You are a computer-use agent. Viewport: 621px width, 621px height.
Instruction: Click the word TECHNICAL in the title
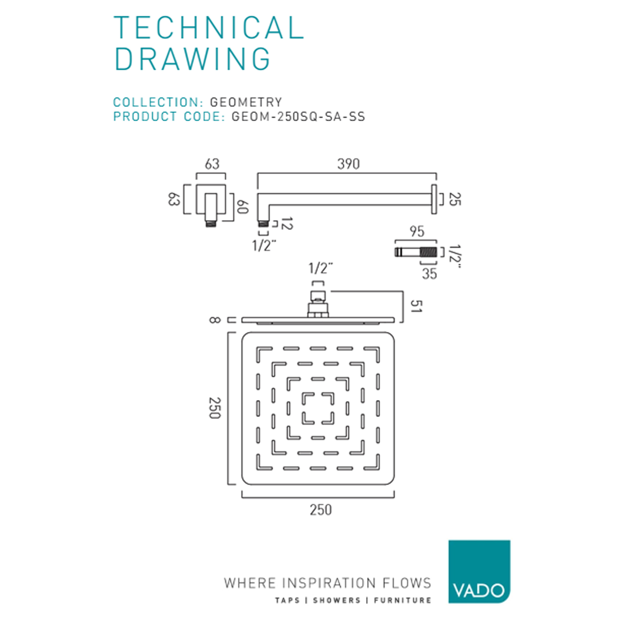(x=208, y=28)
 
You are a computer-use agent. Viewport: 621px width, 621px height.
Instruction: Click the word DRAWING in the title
(x=193, y=59)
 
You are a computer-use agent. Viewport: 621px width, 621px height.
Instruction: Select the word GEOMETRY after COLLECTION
(x=246, y=102)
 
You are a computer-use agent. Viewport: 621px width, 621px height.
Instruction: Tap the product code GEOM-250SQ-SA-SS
(x=298, y=117)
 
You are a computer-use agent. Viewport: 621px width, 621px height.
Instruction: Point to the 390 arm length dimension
(x=348, y=164)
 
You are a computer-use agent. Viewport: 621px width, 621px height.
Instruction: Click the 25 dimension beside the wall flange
(x=455, y=199)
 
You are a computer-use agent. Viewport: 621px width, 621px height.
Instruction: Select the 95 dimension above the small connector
(x=417, y=232)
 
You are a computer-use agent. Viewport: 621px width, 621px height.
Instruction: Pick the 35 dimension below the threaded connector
(x=429, y=274)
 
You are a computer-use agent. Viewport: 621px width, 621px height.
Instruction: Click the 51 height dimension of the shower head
(x=416, y=306)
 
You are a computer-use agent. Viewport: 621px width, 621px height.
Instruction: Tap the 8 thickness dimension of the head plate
(x=214, y=320)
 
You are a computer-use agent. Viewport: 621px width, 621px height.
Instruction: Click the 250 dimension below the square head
(x=320, y=510)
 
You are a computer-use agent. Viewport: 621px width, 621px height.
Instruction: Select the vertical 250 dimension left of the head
(x=215, y=408)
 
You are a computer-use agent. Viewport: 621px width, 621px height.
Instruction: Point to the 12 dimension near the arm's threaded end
(x=287, y=224)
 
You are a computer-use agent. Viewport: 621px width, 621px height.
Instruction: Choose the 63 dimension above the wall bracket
(x=212, y=164)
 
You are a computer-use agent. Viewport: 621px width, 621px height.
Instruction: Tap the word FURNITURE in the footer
(x=402, y=601)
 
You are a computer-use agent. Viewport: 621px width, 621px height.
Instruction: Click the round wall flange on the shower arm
(x=434, y=199)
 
